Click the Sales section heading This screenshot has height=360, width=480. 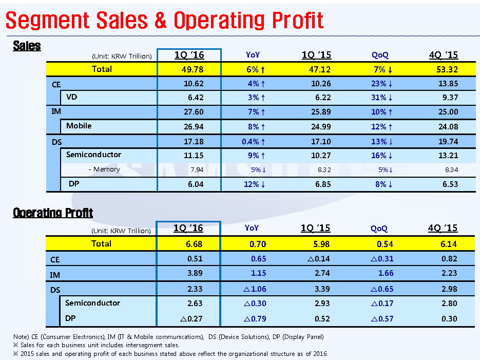(27, 46)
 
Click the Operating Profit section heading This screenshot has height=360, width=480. (53, 213)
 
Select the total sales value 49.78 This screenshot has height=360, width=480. (189, 69)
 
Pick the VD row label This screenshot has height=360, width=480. (72, 97)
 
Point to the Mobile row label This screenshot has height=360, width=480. (79, 126)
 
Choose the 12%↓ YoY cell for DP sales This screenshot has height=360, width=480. (255, 184)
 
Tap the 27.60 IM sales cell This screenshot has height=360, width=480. (194, 111)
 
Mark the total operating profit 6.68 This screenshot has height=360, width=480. (195, 243)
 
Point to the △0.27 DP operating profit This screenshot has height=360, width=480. (192, 318)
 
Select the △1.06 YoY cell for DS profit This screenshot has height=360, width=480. (255, 290)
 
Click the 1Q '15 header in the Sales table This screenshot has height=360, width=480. (316, 55)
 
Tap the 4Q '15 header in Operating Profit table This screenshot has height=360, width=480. (443, 228)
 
